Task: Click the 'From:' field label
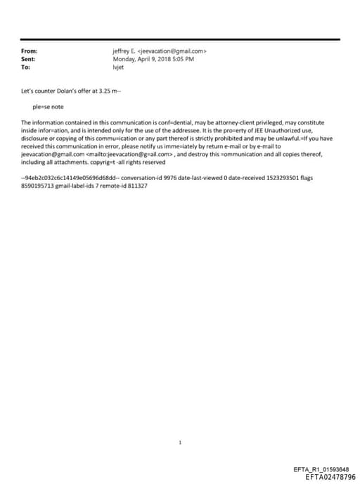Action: [x=30, y=51]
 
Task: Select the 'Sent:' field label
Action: [x=30, y=60]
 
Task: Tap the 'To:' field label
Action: [x=27, y=68]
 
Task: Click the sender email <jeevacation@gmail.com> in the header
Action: [x=172, y=51]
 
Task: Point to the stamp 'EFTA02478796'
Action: [x=330, y=477]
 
